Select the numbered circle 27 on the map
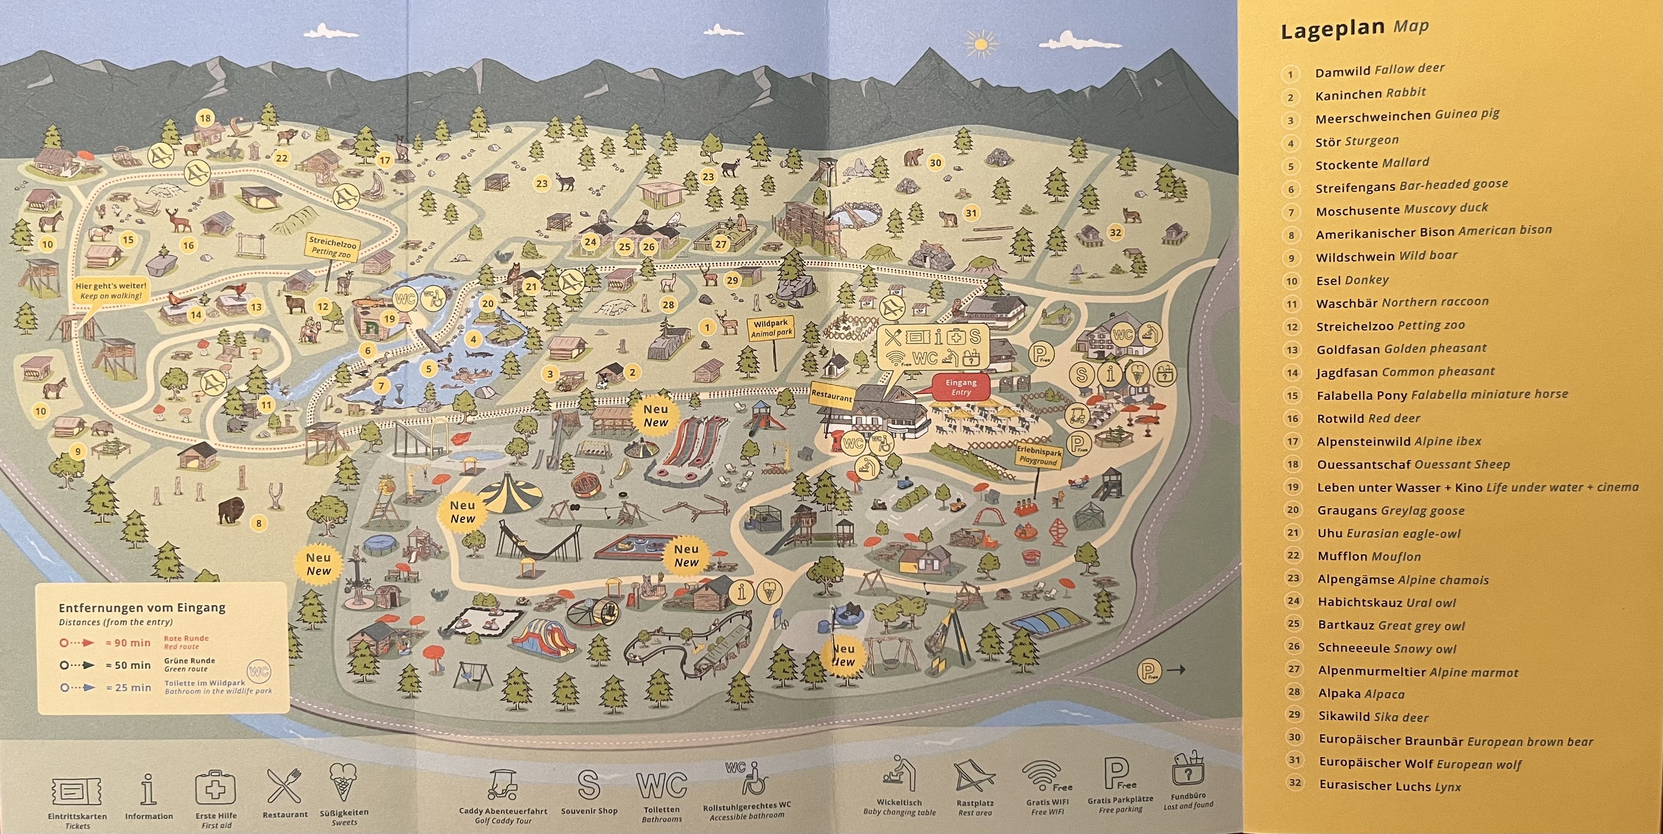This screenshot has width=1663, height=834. (721, 244)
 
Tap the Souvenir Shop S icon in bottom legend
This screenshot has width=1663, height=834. (588, 784)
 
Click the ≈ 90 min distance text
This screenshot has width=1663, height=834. (133, 642)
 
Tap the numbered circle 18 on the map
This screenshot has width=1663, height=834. (205, 118)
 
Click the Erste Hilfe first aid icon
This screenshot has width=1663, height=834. (216, 789)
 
